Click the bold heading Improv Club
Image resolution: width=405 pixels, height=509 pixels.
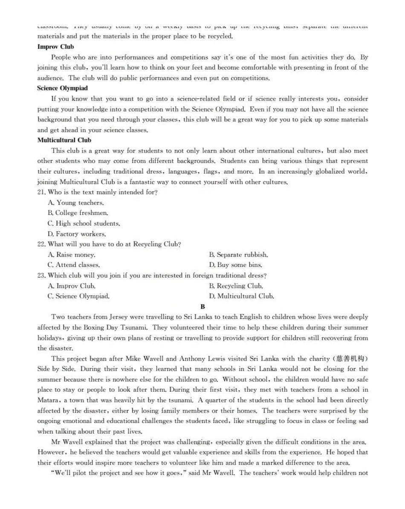pyautogui.click(x=55, y=46)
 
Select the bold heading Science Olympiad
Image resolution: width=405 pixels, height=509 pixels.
pyautogui.click(x=62, y=88)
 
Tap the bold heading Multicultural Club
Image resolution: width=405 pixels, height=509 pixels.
pyautogui.click(x=64, y=140)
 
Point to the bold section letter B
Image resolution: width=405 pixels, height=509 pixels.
pyautogui.click(x=202, y=307)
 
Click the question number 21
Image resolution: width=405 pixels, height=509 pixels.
pyautogui.click(x=41, y=192)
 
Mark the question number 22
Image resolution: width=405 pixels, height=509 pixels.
pyautogui.click(x=41, y=244)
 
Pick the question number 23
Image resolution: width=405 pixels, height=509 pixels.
pyautogui.click(x=41, y=275)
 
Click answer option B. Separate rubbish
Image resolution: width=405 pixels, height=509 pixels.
pyautogui.click(x=238, y=255)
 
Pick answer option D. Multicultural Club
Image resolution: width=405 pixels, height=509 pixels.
pyautogui.click(x=241, y=296)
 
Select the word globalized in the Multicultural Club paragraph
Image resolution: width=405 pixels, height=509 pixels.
pyautogui.click(x=315, y=171)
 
